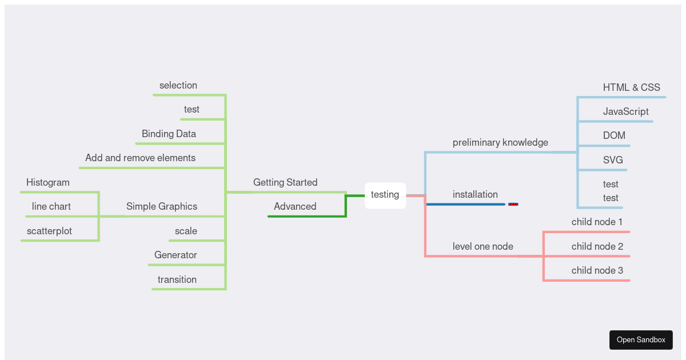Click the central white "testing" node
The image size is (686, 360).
[385, 195]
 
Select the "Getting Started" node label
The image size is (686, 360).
[285, 182]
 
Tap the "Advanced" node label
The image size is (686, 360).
[295, 206]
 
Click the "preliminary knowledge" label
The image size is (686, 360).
[500, 142]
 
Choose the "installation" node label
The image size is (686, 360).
[475, 194]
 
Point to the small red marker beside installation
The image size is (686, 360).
[513, 204]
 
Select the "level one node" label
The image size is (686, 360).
[483, 246]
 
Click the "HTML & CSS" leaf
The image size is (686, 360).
[631, 87]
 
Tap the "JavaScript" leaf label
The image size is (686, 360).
[625, 111]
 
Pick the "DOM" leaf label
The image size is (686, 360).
[614, 135]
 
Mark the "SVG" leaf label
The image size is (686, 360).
[613, 160]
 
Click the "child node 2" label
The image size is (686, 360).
[597, 246]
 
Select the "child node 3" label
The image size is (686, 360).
[597, 270]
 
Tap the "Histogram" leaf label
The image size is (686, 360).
[48, 182]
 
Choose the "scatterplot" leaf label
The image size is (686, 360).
[49, 231]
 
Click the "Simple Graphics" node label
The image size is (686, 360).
[162, 206]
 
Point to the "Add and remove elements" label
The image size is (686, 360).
[140, 158]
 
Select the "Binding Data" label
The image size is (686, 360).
[169, 134]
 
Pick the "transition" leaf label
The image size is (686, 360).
[177, 279]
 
